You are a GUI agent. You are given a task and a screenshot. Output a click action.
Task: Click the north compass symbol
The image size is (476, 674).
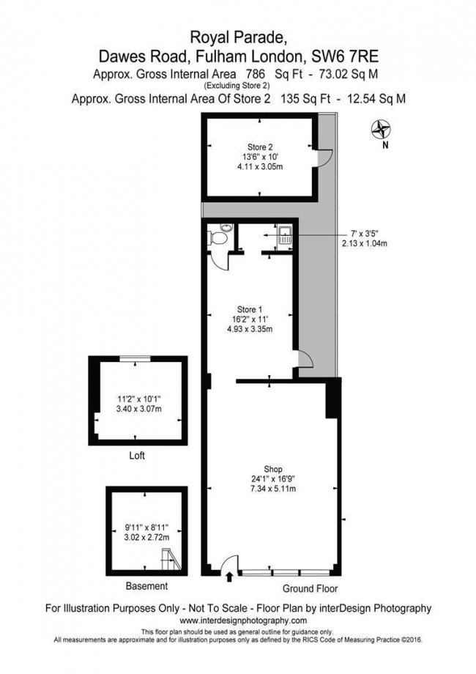point(381,130)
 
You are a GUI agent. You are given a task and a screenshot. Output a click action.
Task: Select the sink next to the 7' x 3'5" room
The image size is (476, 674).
point(285,236)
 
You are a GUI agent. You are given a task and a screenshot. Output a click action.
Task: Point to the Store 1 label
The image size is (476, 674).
point(250,308)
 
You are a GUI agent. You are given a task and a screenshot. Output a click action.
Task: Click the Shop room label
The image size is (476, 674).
point(273,469)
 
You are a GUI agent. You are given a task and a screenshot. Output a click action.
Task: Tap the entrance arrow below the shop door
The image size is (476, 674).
point(231,577)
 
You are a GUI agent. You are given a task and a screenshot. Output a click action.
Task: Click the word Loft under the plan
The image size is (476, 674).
point(136,455)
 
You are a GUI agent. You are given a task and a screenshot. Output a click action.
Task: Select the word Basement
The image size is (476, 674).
point(146,586)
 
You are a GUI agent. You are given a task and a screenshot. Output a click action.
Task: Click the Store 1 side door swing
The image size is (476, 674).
point(307,360)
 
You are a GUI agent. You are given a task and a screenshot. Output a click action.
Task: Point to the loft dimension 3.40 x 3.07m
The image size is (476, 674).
point(138,409)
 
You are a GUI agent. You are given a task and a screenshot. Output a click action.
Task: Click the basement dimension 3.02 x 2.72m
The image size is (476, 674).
point(147,536)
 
